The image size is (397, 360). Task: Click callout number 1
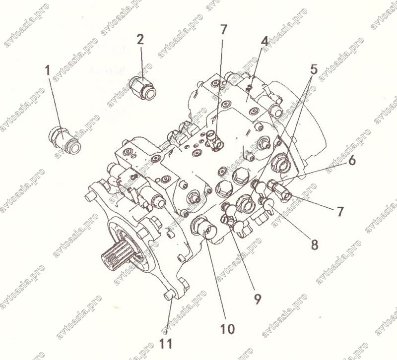[48, 70]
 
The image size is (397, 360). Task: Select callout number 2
[140, 40]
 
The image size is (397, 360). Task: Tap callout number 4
[265, 41]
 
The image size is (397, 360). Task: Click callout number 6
[351, 160]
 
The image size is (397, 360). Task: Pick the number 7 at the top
[223, 29]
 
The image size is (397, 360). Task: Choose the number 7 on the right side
[340, 211]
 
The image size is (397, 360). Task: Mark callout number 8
[314, 244]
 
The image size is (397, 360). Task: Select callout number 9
[257, 299]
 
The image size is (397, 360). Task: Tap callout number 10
[227, 329]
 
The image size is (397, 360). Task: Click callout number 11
[166, 343]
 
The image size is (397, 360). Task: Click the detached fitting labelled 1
[65, 141]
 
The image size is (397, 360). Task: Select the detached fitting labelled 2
[142, 88]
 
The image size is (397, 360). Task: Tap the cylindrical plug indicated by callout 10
[204, 227]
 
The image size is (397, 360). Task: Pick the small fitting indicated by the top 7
[215, 141]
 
